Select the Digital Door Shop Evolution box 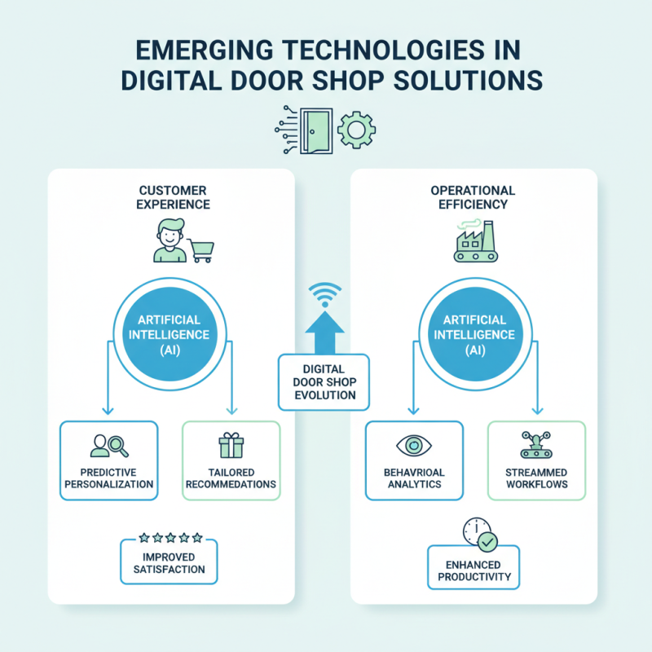pyautogui.click(x=325, y=382)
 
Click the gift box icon pyautogui.click(x=231, y=445)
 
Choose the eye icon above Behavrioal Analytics pyautogui.click(x=413, y=446)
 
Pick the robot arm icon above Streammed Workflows pyautogui.click(x=535, y=445)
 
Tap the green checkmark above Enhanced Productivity pyautogui.click(x=487, y=540)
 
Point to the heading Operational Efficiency pyautogui.click(x=474, y=197)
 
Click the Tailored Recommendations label pyautogui.click(x=231, y=478)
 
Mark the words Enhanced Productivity pyautogui.click(x=474, y=570)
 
